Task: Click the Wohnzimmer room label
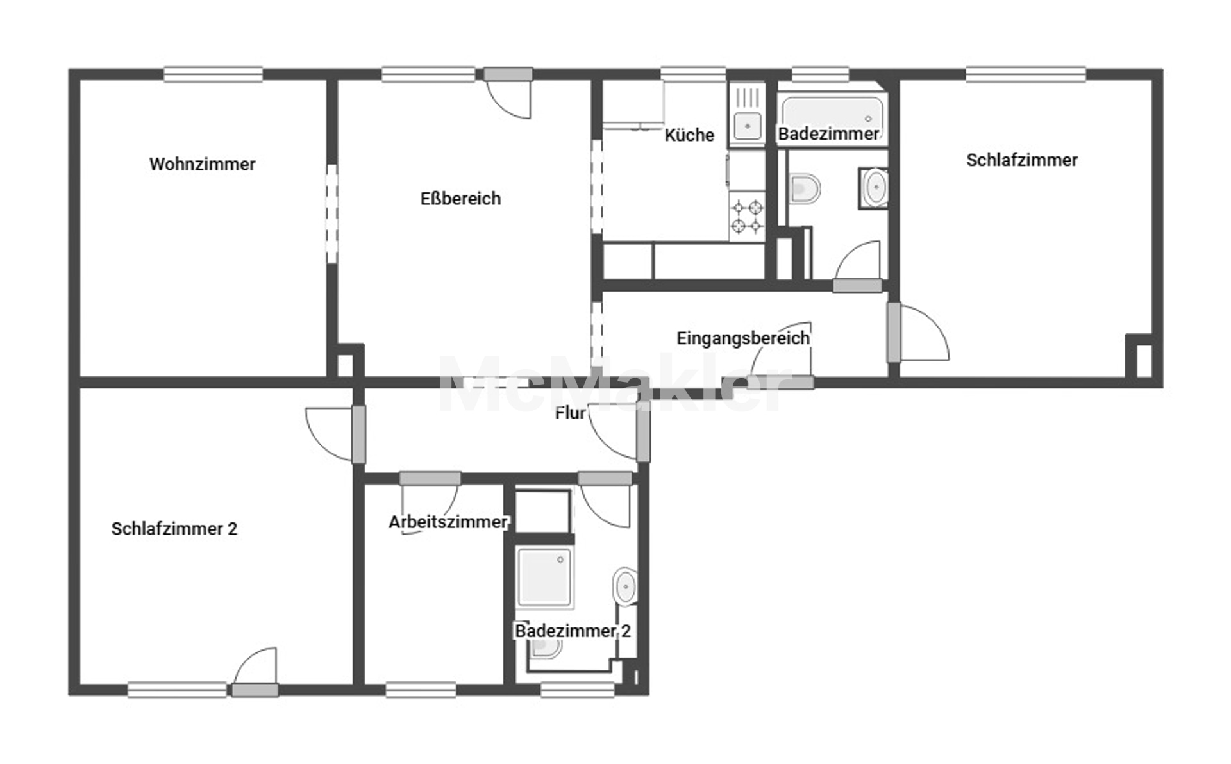[202, 164]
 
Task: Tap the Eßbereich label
[460, 199]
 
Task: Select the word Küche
[689, 135]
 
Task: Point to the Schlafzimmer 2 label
[174, 529]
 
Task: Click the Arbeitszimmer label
[448, 522]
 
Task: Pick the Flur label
[570, 413]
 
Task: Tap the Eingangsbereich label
[743, 338]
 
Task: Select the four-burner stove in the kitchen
[747, 217]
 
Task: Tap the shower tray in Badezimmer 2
[544, 577]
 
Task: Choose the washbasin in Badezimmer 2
[625, 586]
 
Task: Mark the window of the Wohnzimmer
[213, 74]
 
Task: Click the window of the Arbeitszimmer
[421, 690]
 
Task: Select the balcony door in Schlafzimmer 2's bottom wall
[255, 690]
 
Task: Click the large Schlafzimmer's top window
[1026, 74]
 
